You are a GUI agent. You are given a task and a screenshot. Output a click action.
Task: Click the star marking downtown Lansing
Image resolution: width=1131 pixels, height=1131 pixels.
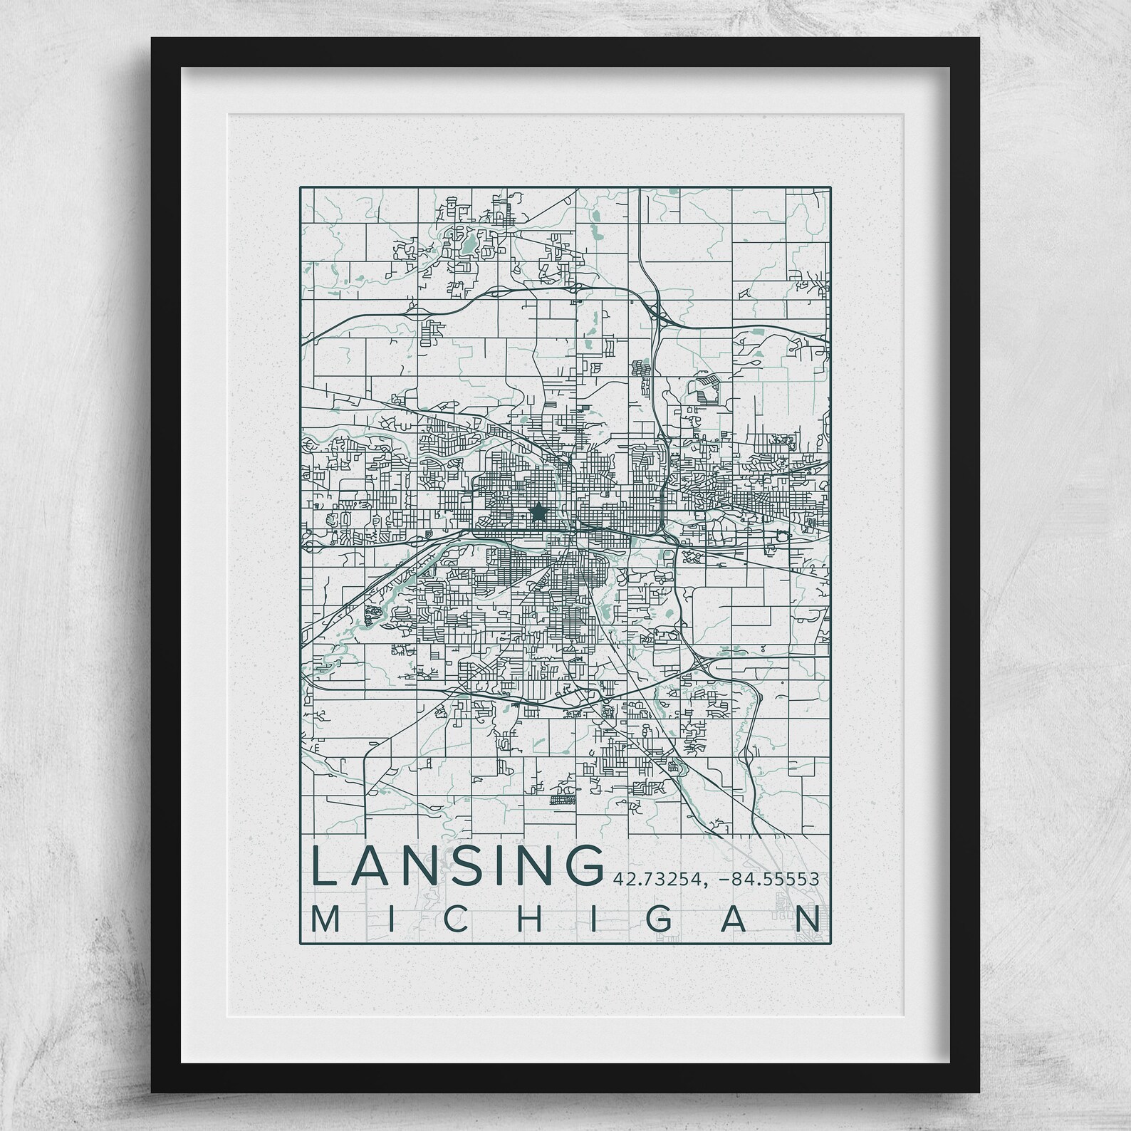(x=539, y=511)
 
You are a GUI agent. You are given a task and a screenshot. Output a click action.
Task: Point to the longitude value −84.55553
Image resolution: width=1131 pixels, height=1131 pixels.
(x=768, y=879)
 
